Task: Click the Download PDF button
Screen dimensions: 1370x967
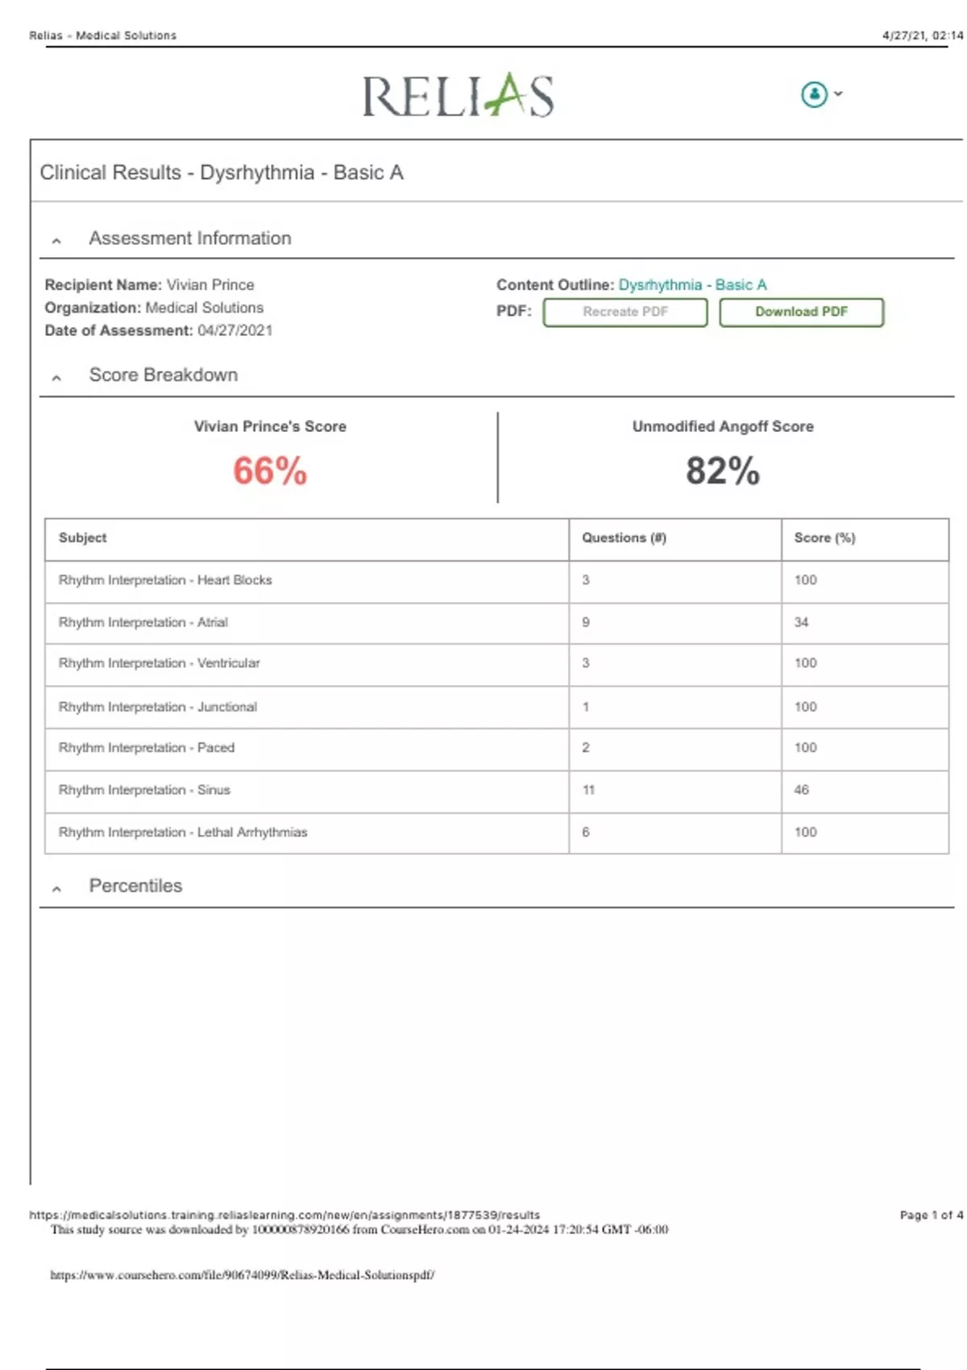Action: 801,312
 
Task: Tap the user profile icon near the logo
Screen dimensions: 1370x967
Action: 815,94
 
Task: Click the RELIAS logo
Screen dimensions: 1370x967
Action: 458,95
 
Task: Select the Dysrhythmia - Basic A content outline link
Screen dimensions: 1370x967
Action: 692,284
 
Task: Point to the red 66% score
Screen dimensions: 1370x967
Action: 270,471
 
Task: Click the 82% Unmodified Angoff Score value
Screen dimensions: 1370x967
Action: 722,471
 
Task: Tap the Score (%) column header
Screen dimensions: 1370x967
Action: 824,538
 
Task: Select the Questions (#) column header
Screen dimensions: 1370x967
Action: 624,538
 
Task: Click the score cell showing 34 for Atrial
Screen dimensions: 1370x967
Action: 801,622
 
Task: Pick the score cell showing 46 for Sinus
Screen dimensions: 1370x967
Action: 801,790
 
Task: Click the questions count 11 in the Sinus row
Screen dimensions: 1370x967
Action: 588,790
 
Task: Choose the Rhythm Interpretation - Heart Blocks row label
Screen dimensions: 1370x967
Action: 165,579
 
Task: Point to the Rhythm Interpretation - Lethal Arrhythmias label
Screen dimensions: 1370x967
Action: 183,832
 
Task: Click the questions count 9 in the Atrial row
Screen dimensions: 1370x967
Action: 586,622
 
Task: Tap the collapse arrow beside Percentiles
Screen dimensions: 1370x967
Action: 56,889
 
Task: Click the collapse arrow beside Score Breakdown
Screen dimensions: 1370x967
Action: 56,377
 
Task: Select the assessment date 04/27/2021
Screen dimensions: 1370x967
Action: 234,330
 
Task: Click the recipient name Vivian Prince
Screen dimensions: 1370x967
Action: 210,284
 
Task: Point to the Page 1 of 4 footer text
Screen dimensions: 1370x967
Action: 931,1214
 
